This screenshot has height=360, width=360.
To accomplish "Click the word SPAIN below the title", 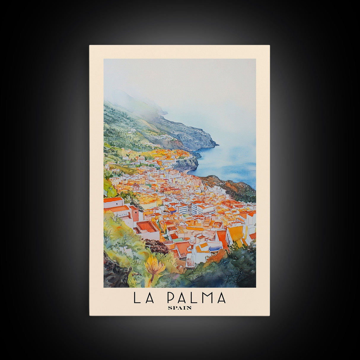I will pos(179,308).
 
